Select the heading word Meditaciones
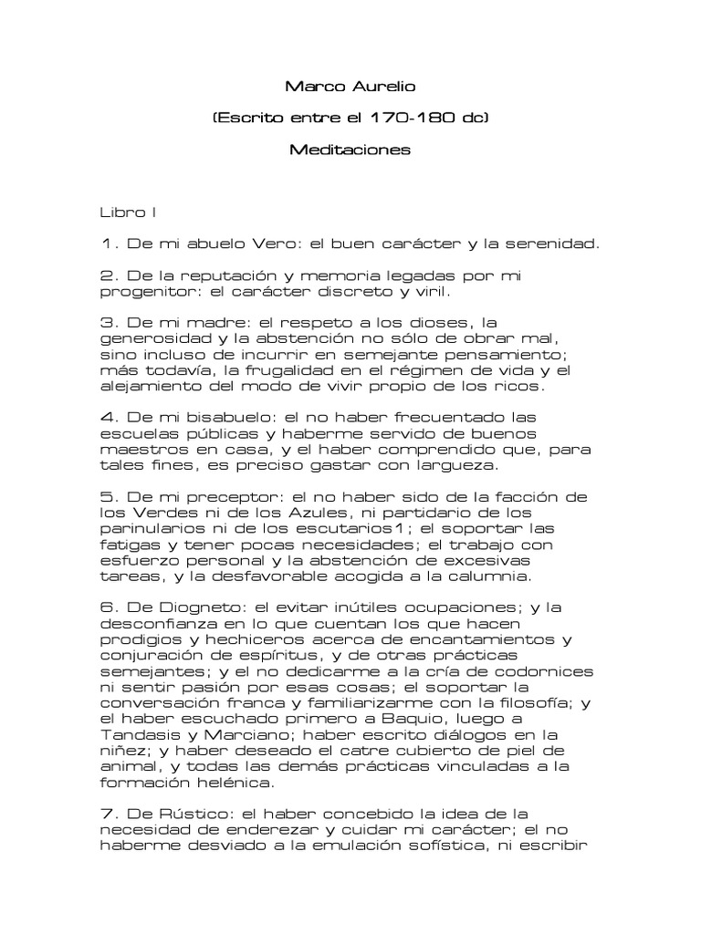(x=350, y=148)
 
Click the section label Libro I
(x=129, y=213)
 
